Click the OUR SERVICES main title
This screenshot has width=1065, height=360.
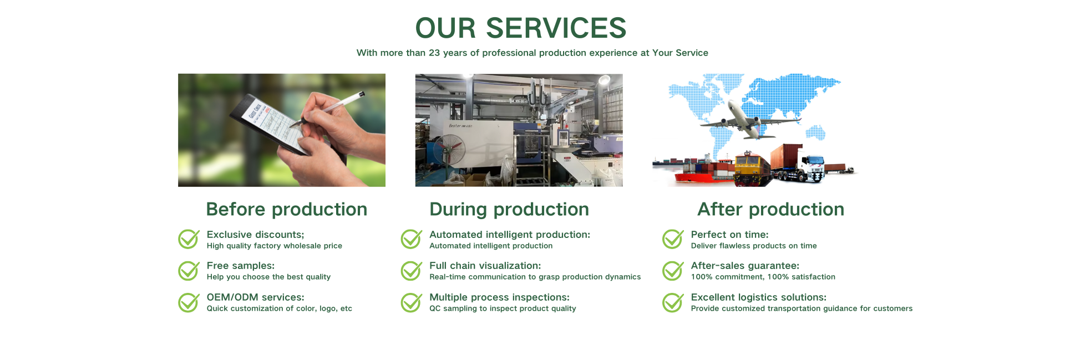[x=521, y=28]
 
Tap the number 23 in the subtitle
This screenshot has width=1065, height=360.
[x=434, y=53]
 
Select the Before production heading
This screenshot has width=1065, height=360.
[x=286, y=209]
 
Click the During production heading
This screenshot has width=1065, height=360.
[x=509, y=209]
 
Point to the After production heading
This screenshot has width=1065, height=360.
[x=770, y=209]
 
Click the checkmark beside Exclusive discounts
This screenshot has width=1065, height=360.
[x=189, y=239]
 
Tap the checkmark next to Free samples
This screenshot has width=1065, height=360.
[x=189, y=271]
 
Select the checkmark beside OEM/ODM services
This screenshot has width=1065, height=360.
[x=189, y=302]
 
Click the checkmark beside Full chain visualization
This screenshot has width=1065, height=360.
[x=412, y=271]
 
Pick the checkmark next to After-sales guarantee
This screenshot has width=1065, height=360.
[x=673, y=271]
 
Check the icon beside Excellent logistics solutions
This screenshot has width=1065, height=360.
[x=673, y=302]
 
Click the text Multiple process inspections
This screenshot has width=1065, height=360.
[x=499, y=297]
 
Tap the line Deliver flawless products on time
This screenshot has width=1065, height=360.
[x=754, y=246]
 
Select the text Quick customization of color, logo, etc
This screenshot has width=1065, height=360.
[x=280, y=308]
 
